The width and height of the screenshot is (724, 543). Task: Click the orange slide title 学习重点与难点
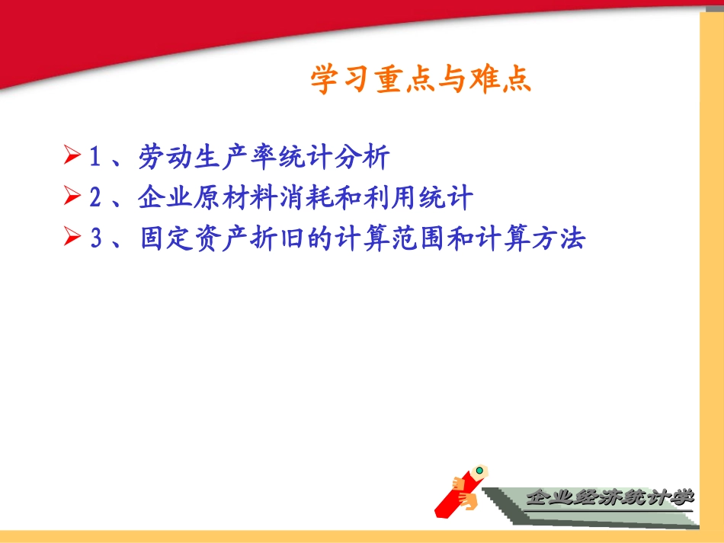click(x=421, y=79)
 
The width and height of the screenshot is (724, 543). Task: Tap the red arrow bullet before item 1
click(x=72, y=158)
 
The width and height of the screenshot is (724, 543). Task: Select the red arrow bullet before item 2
click(x=72, y=198)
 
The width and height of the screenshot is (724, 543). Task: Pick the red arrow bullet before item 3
click(x=72, y=239)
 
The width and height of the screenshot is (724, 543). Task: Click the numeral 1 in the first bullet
click(x=96, y=158)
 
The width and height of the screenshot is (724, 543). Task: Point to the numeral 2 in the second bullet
click(x=96, y=198)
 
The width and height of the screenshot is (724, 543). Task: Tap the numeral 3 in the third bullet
click(x=96, y=239)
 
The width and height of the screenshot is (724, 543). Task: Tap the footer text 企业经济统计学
click(x=610, y=498)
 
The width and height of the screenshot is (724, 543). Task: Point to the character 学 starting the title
click(x=325, y=79)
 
